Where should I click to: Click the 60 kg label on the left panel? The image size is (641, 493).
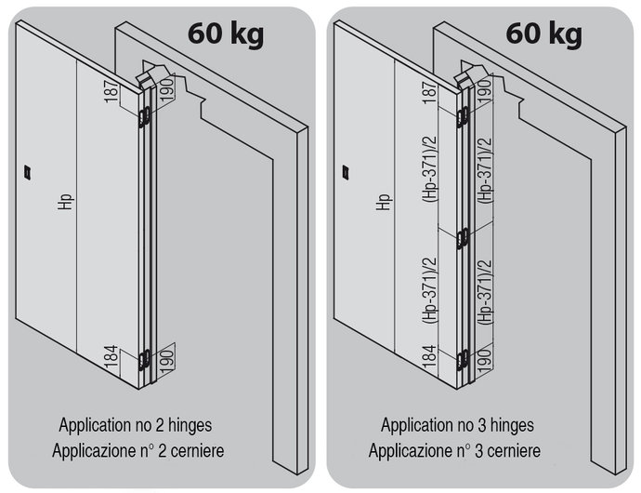coord(226,33)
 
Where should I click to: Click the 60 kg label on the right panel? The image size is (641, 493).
coord(543,33)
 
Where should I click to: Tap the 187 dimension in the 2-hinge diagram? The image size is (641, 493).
coord(111,92)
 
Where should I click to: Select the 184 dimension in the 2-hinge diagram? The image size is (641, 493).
coord(111,356)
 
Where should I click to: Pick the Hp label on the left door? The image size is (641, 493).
coord(65,202)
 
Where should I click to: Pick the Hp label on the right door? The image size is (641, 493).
coord(384,202)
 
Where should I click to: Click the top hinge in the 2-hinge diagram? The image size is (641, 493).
coord(143,117)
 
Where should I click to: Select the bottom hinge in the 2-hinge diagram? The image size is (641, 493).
coord(143,360)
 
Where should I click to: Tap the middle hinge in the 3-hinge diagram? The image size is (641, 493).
coord(462,239)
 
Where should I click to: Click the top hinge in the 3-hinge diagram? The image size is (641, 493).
coord(462,117)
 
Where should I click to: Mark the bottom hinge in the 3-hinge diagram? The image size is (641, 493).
coord(462,360)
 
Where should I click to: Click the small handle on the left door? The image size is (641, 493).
coord(28,172)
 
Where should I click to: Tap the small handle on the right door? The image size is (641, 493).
coord(346,172)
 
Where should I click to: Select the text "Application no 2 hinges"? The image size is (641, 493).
coord(136,425)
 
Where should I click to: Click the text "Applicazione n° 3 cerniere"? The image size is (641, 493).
coord(454,450)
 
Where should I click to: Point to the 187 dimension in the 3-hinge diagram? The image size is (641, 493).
coord(430,92)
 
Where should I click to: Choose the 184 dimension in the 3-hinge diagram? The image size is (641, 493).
coord(430,356)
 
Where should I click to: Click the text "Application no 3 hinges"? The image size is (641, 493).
coord(457,425)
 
